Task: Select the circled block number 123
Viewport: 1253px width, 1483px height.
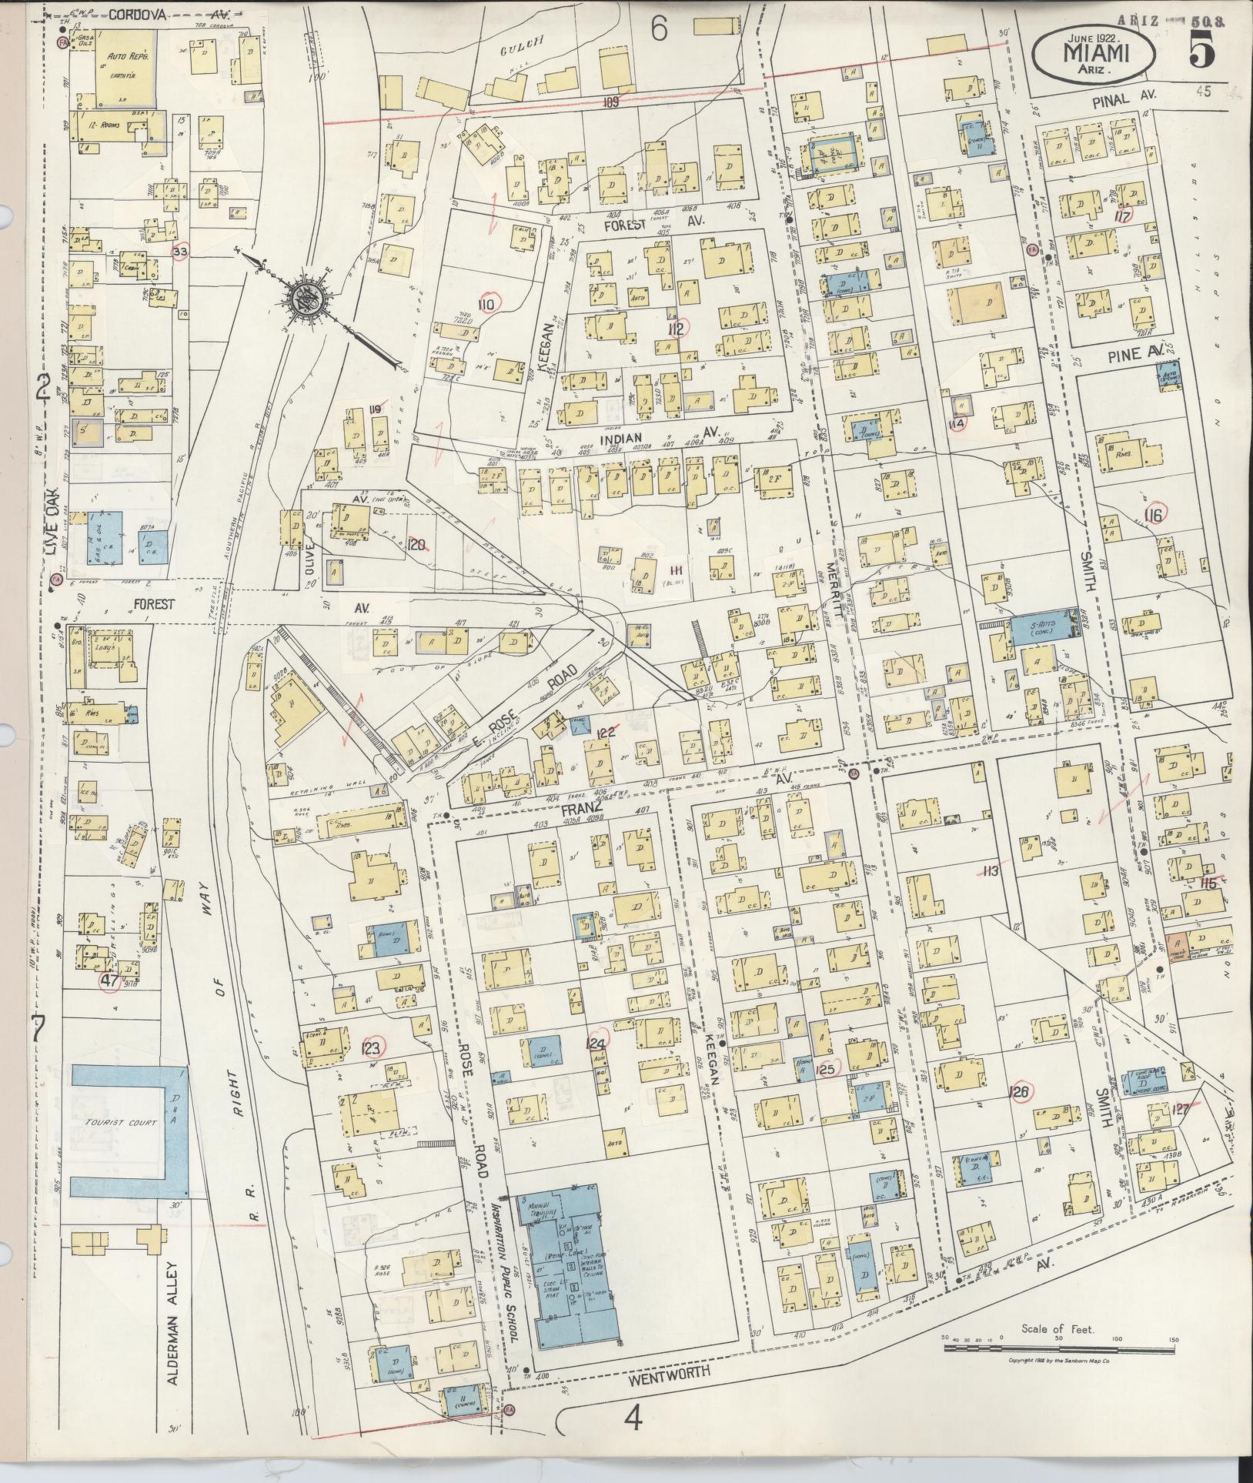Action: (372, 1047)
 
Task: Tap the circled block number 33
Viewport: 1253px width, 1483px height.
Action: (182, 252)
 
